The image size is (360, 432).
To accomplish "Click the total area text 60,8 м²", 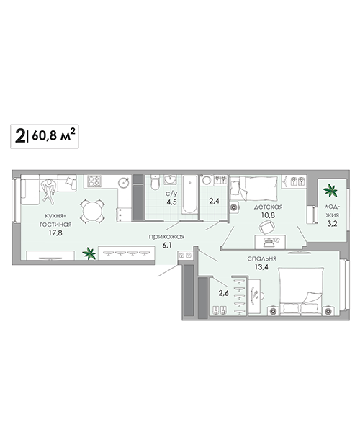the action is coord(53,135).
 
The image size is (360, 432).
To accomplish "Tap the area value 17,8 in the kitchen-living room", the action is coord(55,233).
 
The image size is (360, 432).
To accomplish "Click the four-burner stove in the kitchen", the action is coord(94,181).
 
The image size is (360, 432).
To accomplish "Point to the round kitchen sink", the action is coord(124,182).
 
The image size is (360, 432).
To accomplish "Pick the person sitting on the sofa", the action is coord(49,190).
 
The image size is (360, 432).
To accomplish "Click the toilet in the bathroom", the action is coord(155,183).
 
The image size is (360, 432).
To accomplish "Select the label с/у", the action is coord(171,194).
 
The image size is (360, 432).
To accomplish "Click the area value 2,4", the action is coord(214,201).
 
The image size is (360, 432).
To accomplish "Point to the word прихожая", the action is coord(166,237).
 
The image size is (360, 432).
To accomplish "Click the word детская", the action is coord(268,207).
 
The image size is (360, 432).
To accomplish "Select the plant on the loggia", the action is coord(330,190).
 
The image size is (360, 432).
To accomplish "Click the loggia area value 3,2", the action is coord(332,224).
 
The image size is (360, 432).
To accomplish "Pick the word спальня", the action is coord(261,258).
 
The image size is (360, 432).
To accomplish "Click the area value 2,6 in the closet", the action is coord(224,293).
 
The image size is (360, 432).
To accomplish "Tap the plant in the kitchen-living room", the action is coord(89,253).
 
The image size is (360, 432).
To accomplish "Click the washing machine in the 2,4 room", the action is coord(207,181).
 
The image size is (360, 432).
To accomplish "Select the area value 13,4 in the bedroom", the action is coord(261,266).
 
